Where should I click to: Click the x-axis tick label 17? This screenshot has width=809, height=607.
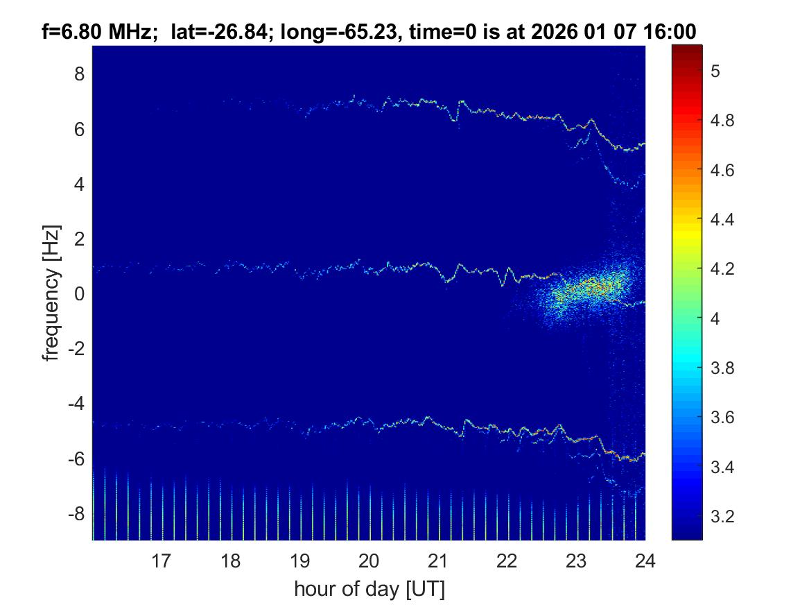point(162,561)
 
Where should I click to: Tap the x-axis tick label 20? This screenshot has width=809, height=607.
point(369,561)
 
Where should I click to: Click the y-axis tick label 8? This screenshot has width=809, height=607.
point(79,74)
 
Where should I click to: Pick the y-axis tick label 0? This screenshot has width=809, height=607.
point(79,294)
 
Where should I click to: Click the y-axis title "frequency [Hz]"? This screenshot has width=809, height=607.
point(51,293)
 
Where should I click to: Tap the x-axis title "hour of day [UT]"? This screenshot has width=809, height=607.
point(369,590)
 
